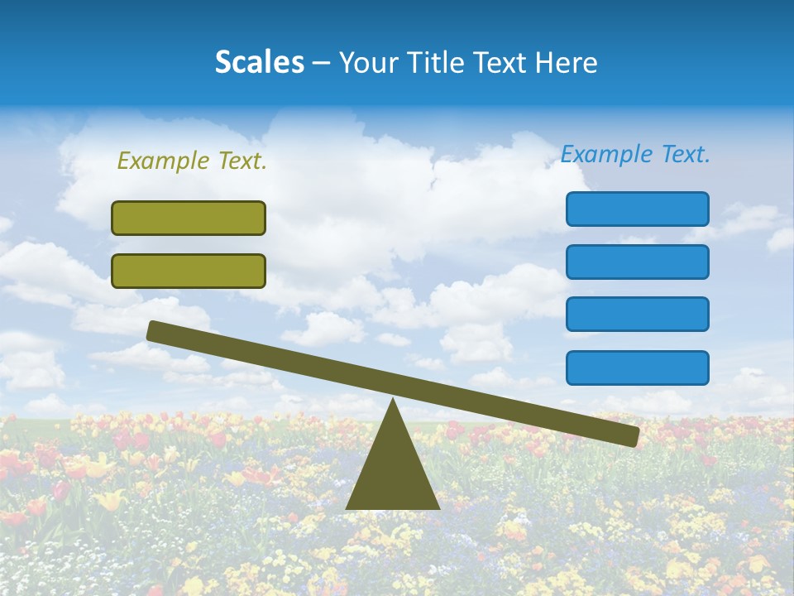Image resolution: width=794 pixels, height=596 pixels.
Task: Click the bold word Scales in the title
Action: [259, 62]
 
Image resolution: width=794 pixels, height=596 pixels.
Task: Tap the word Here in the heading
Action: [565, 62]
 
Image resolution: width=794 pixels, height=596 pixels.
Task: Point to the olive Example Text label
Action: [192, 161]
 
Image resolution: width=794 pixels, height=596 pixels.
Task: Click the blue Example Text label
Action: [635, 154]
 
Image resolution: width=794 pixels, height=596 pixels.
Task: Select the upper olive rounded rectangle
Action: [189, 218]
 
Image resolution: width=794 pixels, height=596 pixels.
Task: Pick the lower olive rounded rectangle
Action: [189, 271]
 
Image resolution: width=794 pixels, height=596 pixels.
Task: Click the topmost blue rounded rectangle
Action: [637, 209]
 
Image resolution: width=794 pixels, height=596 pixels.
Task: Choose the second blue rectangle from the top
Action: [637, 262]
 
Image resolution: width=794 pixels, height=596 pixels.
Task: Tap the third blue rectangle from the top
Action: [637, 314]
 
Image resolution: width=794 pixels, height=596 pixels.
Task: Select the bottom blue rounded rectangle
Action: [637, 368]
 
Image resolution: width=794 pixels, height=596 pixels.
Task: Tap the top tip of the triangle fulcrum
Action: [393, 401]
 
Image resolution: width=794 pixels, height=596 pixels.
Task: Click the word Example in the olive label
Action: [162, 161]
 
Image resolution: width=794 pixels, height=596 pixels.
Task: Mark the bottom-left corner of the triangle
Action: [347, 507]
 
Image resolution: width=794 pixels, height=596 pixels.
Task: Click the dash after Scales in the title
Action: [322, 63]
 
